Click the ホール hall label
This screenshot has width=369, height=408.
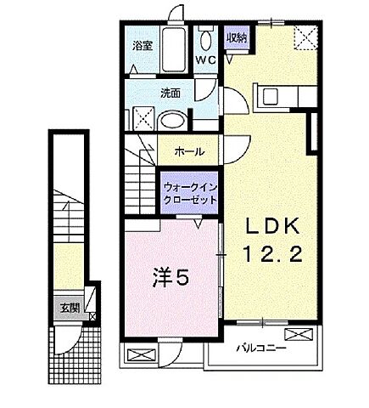[x=188, y=151]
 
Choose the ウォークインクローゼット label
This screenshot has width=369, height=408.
[x=189, y=192]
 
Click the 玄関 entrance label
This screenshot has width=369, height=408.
[x=69, y=309]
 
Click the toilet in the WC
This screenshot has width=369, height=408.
[x=206, y=38]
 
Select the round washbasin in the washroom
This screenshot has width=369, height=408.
[x=171, y=120]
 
